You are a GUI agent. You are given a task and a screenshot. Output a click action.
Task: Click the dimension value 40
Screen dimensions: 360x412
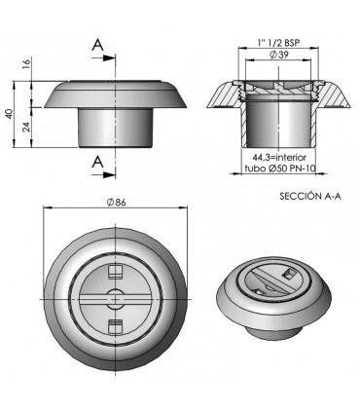coord(10,114)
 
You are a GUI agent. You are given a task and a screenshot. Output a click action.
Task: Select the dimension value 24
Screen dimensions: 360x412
coord(26,127)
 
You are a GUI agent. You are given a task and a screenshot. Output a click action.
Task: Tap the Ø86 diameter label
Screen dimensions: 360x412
coord(116,203)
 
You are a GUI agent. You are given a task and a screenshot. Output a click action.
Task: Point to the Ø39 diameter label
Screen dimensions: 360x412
coord(278,55)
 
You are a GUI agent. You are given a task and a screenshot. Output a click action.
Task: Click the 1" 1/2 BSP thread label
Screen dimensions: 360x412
coord(278,42)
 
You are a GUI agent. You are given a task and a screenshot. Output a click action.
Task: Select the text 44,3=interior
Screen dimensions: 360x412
coord(279,158)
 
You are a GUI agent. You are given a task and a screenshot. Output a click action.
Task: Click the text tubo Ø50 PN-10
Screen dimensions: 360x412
coord(278,169)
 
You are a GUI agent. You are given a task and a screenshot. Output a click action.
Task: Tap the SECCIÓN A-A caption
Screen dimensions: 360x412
coord(310,196)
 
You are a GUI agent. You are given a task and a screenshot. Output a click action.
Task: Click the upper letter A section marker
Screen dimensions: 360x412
coord(97,45)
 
